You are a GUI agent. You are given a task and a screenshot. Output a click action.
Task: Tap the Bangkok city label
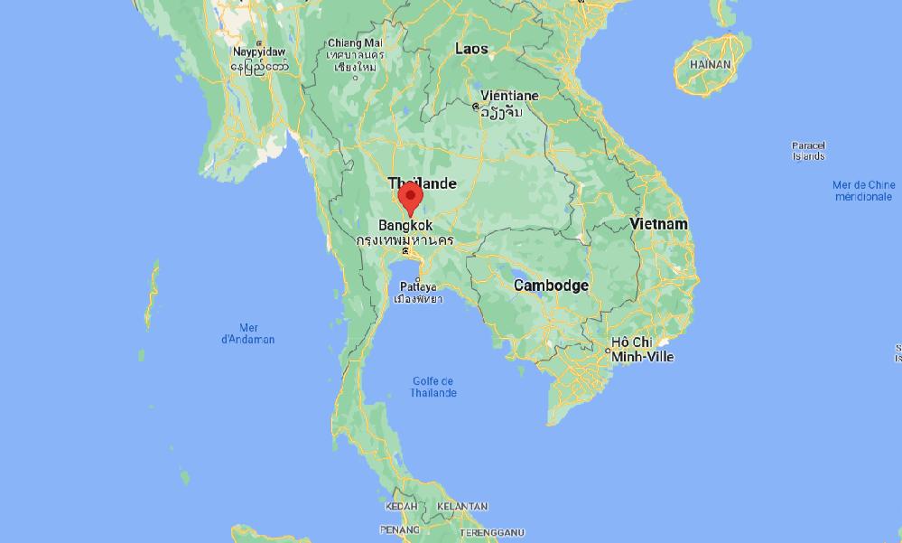405,226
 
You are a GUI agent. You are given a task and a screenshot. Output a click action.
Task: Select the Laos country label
471,49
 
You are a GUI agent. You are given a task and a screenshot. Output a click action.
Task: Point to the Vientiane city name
509,96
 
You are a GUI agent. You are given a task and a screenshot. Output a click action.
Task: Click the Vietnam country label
658,224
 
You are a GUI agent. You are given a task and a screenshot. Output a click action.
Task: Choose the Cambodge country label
551,286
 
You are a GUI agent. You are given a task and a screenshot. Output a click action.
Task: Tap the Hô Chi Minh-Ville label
642,350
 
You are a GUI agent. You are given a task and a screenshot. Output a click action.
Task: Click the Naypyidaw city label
259,52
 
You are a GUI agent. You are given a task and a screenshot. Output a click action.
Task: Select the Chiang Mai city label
355,42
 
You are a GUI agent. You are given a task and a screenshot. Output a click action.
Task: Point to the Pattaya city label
417,287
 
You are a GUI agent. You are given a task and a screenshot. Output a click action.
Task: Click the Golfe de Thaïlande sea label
433,387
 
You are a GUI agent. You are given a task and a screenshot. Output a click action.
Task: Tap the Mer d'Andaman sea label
248,333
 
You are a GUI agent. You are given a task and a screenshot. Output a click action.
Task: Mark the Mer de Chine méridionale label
863,191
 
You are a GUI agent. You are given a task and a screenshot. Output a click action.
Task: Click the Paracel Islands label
808,151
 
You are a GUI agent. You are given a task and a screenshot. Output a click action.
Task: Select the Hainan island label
710,65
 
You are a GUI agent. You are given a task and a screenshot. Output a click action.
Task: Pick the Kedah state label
401,507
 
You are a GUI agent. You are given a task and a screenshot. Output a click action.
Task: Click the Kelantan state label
461,507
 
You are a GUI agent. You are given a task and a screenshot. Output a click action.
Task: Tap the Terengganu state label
491,533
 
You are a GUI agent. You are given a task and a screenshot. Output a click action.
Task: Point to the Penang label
399,529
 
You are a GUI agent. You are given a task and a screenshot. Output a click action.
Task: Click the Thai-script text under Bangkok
405,241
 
